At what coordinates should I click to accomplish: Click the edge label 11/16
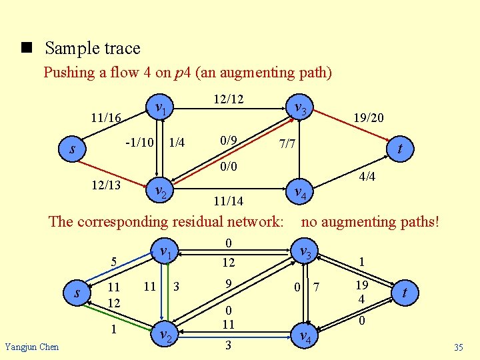[106, 118]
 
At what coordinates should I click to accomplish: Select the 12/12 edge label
[228, 99]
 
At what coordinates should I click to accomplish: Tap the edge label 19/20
[368, 118]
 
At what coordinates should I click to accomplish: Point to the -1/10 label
[140, 141]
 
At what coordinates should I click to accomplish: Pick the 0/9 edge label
[228, 141]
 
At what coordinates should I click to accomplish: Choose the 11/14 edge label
[228, 200]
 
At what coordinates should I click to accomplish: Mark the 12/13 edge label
[106, 185]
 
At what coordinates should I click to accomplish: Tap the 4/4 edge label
[367, 177]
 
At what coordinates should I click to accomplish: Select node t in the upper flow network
[399, 151]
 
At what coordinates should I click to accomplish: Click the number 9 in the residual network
[229, 284]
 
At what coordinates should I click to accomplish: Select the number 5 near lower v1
[114, 262]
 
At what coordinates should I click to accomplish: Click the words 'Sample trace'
[93, 48]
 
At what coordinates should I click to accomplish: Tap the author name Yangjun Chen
[31, 347]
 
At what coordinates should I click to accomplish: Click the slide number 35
[458, 347]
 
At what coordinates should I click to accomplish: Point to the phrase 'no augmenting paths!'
[371, 221]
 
